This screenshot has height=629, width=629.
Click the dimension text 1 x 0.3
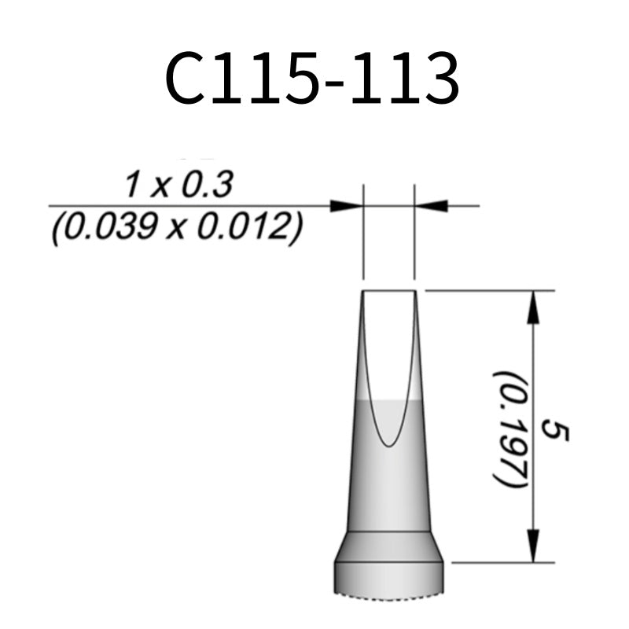pos(178,186)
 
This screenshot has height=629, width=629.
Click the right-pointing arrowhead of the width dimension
pos(346,206)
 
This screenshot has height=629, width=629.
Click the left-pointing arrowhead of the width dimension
pos(432,206)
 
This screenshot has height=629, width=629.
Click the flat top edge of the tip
pos(388,291)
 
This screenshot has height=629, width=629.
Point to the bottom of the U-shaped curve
pos(388,445)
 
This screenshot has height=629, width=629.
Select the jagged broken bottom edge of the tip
pos(388,593)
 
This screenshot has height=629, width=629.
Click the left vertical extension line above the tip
pos(363,236)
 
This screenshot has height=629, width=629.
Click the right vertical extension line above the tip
pos(414,236)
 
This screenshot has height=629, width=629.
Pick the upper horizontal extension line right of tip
pos(487,290)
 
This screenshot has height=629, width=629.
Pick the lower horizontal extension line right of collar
pos(503,562)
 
